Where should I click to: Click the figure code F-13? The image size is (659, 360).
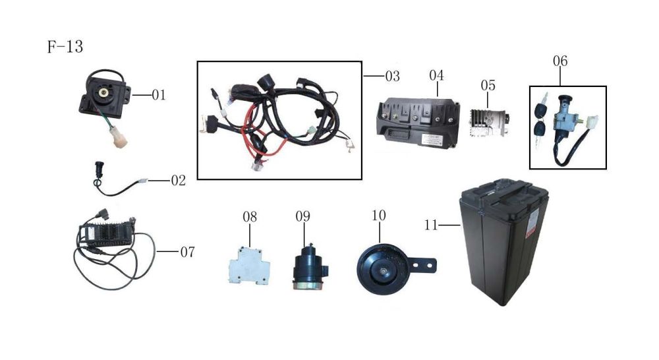pyautogui.click(x=65, y=48)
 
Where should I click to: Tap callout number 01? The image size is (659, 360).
pyautogui.click(x=158, y=96)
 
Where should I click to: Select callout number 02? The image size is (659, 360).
pyautogui.click(x=178, y=180)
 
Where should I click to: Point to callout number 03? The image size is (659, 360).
pyautogui.click(x=392, y=76)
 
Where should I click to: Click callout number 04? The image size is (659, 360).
pyautogui.click(x=436, y=75)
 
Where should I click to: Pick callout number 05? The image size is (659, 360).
pyautogui.click(x=488, y=86)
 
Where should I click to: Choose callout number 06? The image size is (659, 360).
pyautogui.click(x=560, y=61)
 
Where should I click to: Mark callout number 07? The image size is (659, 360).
pyautogui.click(x=187, y=252)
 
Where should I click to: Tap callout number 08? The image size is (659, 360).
pyautogui.click(x=249, y=216)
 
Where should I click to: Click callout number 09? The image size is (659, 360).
pyautogui.click(x=302, y=216)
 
